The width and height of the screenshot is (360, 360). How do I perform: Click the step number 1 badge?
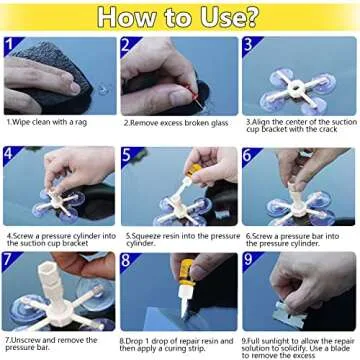pos(11,45)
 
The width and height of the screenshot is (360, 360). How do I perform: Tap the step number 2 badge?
pos(128,45)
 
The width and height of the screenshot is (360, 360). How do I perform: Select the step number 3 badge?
pos(247,45)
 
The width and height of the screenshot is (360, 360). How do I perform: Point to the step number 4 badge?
pos(11,155)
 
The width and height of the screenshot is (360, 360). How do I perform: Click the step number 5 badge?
pos(128,155)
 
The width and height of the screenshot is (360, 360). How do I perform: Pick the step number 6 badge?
pos(247,155)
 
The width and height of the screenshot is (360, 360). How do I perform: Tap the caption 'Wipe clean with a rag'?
pos(55,122)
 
